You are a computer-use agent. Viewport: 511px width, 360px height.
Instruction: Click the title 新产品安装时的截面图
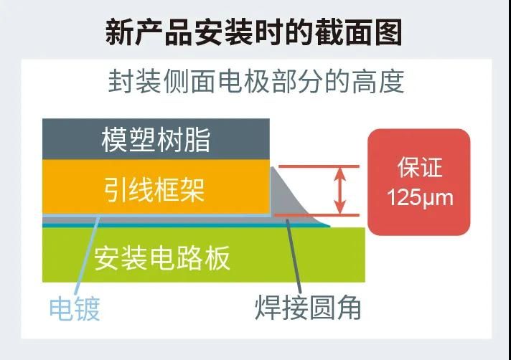click(253, 32)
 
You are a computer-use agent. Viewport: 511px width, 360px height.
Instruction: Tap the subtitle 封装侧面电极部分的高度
click(256, 81)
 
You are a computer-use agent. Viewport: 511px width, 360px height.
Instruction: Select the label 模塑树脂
click(156, 140)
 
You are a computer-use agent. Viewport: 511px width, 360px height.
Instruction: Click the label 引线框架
click(154, 190)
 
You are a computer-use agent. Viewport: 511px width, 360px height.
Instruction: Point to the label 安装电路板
click(162, 258)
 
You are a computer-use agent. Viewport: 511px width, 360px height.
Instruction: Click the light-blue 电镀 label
click(75, 308)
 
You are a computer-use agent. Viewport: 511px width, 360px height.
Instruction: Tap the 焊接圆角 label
click(308, 308)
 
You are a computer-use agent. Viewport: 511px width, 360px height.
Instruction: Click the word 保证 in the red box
click(420, 167)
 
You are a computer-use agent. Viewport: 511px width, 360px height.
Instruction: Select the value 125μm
click(420, 197)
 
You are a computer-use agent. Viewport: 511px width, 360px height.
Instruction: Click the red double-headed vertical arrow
click(340, 191)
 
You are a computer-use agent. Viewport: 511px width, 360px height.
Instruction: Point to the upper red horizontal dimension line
click(319, 166)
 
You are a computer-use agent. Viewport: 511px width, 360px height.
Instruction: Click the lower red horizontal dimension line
click(317, 215)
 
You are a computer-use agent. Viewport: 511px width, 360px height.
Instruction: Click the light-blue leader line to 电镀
click(87, 255)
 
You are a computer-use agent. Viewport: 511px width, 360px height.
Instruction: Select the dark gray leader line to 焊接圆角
click(294, 257)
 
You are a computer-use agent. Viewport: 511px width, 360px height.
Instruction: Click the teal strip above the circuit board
click(186, 225)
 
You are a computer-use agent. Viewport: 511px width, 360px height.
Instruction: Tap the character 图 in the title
click(388, 32)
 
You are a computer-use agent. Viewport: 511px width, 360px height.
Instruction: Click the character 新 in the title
click(119, 32)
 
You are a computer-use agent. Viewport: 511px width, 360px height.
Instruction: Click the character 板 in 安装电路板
click(217, 258)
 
